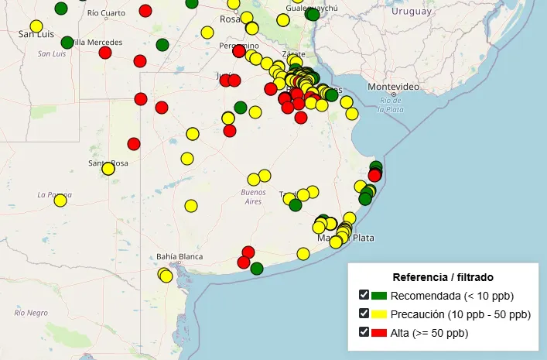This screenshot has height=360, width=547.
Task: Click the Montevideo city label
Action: coord(393,86)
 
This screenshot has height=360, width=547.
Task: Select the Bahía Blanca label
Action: coord(179,256)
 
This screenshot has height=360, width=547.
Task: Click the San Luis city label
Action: coord(36,35)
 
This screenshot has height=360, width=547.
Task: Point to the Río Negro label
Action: coord(30,313)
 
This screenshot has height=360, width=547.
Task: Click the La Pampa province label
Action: coord(54,194)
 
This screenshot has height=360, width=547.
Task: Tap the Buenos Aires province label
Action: coord(253,196)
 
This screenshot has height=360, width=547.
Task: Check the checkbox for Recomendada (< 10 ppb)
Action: coord(364,296)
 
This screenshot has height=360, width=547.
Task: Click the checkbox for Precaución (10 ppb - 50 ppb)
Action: coord(364,314)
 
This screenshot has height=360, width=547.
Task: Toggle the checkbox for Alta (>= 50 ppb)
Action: coord(364,332)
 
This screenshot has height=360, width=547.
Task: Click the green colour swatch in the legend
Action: coord(379,296)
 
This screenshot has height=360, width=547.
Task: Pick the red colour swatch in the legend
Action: coord(379,333)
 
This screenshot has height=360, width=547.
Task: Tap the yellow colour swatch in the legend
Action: coord(379,314)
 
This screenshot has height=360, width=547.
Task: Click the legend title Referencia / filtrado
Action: coord(443,277)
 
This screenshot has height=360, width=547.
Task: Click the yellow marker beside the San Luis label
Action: coord(36,26)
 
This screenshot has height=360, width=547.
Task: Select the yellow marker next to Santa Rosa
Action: coord(108,169)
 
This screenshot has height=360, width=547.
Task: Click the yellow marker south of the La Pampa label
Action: coord(60,201)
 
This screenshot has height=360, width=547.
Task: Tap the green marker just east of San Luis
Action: coord(67,42)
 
